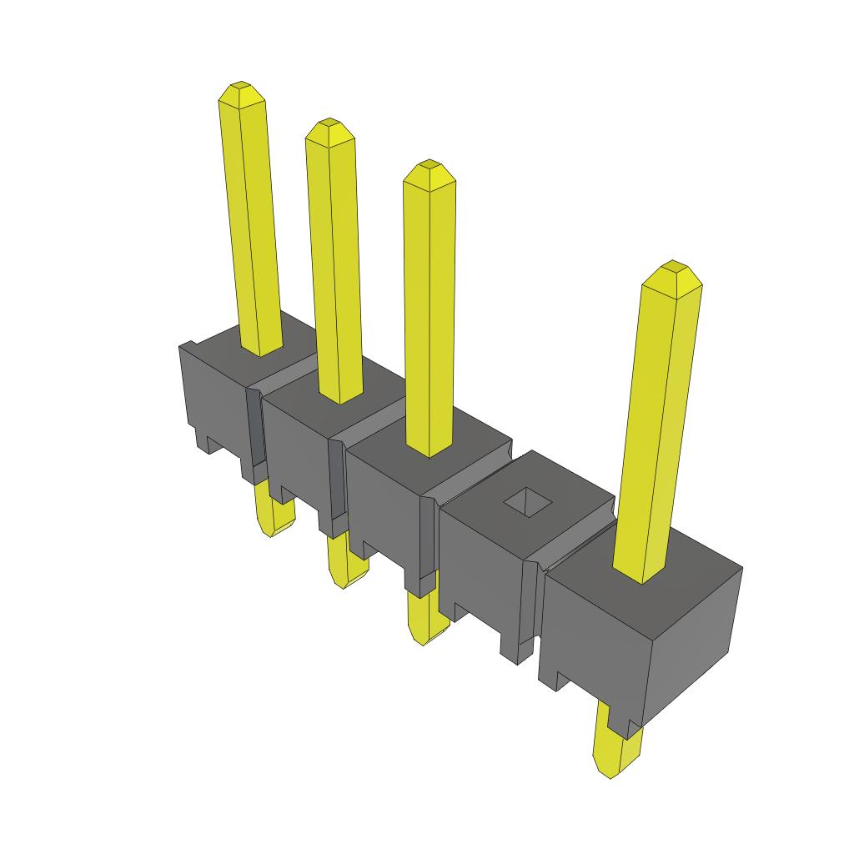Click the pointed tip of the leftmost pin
tap(241, 87)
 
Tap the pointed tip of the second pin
tap(329, 125)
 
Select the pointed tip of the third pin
tap(430, 166)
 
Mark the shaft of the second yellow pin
tap(335, 267)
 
